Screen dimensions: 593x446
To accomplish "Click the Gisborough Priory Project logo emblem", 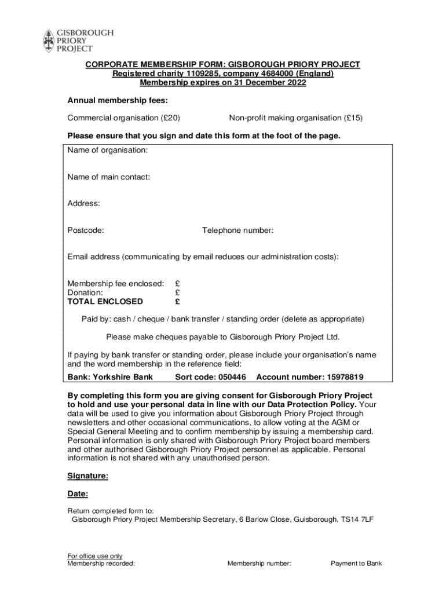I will click(48, 41).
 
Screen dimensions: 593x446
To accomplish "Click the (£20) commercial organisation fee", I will click(170, 118).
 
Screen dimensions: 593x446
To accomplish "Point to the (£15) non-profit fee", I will click(352, 118).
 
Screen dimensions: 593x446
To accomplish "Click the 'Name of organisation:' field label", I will click(107, 151).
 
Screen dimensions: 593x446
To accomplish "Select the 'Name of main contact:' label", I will click(109, 177).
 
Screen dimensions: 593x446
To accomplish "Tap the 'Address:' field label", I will click(84, 204).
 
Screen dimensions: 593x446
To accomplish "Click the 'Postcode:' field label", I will click(86, 230).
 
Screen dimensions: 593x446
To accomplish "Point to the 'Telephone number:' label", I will click(237, 230).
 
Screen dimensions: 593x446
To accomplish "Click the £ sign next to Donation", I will click(177, 292).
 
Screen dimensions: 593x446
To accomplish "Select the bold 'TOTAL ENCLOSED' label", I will click(105, 302).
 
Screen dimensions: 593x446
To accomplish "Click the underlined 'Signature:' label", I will click(88, 477).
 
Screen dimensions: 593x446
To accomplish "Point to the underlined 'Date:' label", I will click(78, 495).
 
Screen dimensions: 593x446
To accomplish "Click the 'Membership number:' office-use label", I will click(259, 563).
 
